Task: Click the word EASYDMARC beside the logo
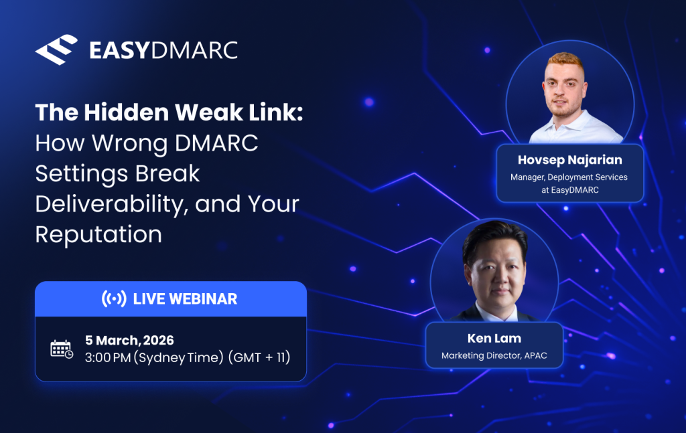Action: tap(163, 51)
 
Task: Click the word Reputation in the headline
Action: tap(98, 234)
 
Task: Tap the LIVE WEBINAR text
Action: tap(185, 299)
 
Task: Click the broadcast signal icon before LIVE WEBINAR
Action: tap(114, 299)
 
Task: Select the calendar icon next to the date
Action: tap(62, 349)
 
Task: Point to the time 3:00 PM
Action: tap(108, 357)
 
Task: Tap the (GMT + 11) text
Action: tap(260, 357)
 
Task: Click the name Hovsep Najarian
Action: tap(569, 160)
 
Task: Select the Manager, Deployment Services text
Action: tap(569, 177)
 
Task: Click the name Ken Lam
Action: tap(494, 338)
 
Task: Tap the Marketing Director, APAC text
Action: tap(494, 355)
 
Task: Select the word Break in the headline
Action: tap(167, 174)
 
